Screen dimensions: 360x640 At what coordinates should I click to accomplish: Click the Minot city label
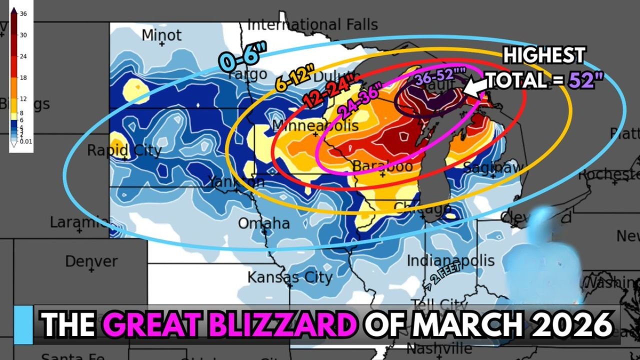click(x=161, y=35)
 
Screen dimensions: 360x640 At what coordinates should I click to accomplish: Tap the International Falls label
click(x=312, y=24)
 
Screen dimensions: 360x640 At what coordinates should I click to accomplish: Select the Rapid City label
click(x=124, y=150)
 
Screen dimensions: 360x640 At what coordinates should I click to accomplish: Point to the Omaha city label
click(x=263, y=223)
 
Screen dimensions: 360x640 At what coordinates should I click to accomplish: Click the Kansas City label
click(x=289, y=276)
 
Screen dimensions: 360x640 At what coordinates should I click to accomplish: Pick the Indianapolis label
click(x=450, y=260)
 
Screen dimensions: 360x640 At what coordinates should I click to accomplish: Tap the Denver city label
click(x=91, y=261)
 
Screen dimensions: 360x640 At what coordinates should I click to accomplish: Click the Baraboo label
click(x=382, y=165)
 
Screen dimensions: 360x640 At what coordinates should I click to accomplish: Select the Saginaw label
click(x=492, y=167)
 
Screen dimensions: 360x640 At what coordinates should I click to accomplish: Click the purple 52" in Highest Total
click(x=582, y=79)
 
